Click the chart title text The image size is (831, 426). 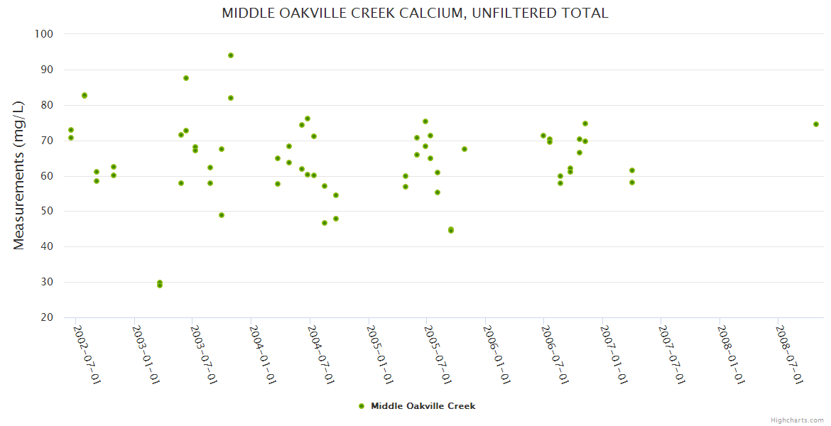click(x=415, y=13)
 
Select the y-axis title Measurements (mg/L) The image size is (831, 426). click(x=19, y=175)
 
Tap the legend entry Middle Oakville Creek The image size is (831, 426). click(x=423, y=406)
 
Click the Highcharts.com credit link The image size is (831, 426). click(x=797, y=420)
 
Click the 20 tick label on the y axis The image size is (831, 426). click(x=47, y=317)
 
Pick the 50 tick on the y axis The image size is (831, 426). click(x=47, y=212)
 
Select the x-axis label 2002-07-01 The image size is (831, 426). click(x=87, y=354)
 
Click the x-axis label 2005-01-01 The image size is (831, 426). click(x=381, y=354)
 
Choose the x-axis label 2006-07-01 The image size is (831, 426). click(x=556, y=354)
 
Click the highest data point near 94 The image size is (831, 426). click(x=231, y=55)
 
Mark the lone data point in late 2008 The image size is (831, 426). click(x=816, y=124)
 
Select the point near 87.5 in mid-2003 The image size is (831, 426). click(x=186, y=78)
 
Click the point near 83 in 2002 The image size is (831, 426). click(x=85, y=95)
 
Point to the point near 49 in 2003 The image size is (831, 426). click(x=222, y=215)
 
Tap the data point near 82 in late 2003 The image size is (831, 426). click(x=231, y=98)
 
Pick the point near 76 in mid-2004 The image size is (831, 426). click(x=308, y=119)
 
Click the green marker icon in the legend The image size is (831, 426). click(x=362, y=406)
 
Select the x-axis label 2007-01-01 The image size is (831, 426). click(x=615, y=354)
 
